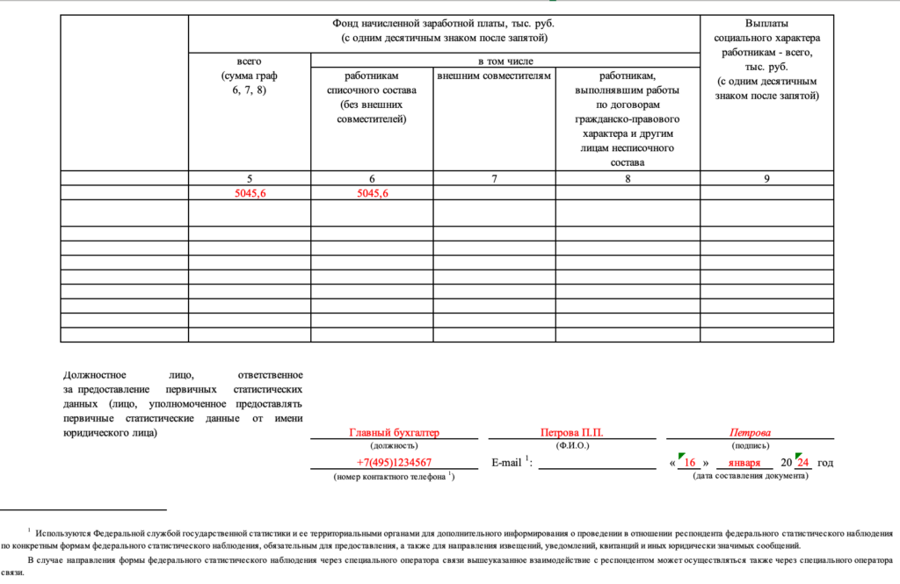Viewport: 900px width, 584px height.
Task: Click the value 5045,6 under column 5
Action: click(249, 193)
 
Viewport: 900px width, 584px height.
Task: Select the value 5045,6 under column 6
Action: click(373, 193)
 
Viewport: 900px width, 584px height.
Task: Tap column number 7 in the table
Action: click(494, 179)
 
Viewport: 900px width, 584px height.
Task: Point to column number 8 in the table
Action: click(627, 179)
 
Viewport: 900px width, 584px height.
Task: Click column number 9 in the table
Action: click(766, 179)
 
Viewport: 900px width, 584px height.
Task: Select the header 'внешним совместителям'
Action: click(494, 76)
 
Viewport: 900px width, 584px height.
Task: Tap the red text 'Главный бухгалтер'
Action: click(394, 433)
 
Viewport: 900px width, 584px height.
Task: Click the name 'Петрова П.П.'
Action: click(572, 433)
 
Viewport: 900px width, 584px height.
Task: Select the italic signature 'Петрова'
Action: click(750, 433)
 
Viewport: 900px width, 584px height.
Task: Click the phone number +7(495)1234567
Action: click(394, 463)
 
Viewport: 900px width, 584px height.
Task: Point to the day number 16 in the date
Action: click(690, 463)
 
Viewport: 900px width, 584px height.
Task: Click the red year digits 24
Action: click(802, 463)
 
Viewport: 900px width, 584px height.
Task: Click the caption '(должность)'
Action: click(394, 446)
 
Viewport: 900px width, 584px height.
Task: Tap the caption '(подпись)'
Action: click(750, 446)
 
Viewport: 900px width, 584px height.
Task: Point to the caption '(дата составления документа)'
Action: click(750, 476)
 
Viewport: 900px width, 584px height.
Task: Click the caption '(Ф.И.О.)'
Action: click(572, 446)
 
